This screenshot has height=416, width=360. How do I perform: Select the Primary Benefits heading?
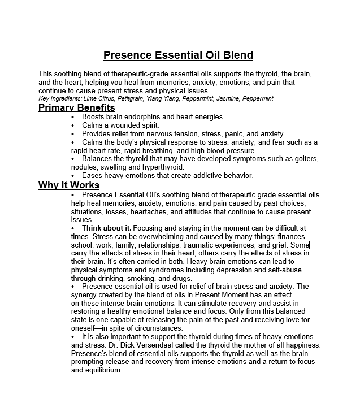[76, 108]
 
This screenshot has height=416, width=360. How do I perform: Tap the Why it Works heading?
[68, 185]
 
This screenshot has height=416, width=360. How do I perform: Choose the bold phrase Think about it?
[106, 228]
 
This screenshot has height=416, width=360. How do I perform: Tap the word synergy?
[84, 294]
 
